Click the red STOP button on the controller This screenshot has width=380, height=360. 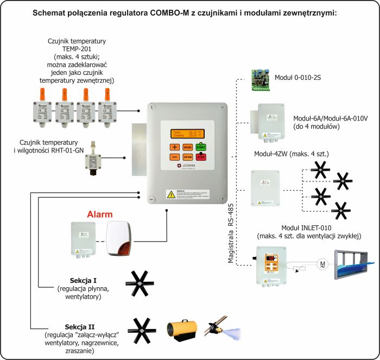[201, 157]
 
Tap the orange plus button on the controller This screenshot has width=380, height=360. [174, 147]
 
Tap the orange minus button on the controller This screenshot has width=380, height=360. [174, 157]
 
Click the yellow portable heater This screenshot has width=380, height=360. [179, 329]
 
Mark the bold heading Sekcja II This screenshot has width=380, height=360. [80, 326]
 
